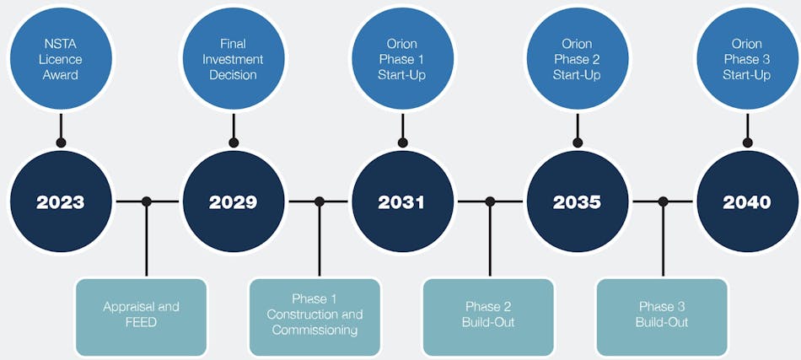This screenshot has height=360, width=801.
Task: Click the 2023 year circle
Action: [x=60, y=201]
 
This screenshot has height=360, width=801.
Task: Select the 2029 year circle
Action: [x=234, y=201]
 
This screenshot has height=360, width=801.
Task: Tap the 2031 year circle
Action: [x=402, y=201]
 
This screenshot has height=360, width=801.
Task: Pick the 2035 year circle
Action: [x=578, y=201]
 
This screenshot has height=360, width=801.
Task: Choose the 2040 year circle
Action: [x=747, y=201]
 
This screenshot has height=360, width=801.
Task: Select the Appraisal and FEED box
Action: [x=141, y=315]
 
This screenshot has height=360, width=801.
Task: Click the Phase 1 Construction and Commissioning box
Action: [x=315, y=315]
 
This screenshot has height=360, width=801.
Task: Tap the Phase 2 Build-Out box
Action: [x=488, y=315]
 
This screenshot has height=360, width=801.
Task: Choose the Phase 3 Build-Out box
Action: [x=662, y=315]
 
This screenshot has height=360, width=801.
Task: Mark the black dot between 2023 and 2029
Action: [x=147, y=201]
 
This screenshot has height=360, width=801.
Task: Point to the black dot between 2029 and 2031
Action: [x=319, y=201]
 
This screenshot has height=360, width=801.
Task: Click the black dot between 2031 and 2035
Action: [x=490, y=201]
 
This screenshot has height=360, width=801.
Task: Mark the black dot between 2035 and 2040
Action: [x=663, y=201]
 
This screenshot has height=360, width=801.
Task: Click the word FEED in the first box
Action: [x=141, y=323]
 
